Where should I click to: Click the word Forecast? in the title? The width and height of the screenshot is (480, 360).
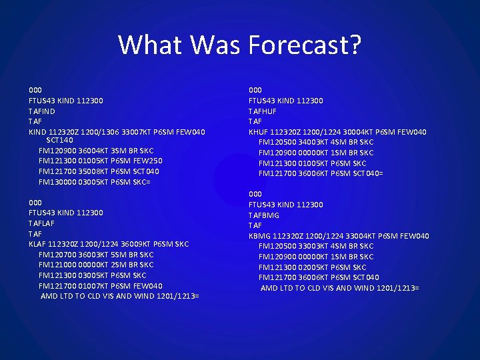click(x=305, y=45)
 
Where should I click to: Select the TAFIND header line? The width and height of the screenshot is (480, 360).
click(x=41, y=111)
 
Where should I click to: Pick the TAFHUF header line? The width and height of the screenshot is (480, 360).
click(x=263, y=111)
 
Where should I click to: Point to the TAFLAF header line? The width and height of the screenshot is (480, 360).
click(x=41, y=223)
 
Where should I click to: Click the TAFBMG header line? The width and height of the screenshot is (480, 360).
click(x=264, y=215)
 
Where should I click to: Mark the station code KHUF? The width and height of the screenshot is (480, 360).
click(x=259, y=132)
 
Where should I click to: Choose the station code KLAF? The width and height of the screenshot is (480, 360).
click(x=37, y=244)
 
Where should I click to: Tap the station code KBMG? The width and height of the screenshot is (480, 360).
click(x=259, y=236)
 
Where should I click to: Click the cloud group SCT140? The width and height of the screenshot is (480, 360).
click(x=59, y=141)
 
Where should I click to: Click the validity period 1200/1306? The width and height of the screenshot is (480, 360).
click(x=105, y=132)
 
